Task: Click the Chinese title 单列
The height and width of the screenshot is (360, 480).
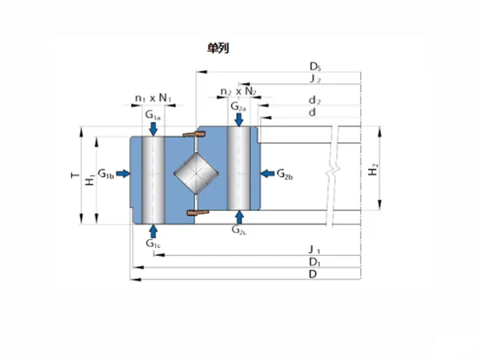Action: (x=218, y=48)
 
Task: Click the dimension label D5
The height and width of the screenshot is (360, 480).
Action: (x=315, y=66)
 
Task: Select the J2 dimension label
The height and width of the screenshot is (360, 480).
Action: (x=315, y=79)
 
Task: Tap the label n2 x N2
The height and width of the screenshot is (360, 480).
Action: (x=238, y=91)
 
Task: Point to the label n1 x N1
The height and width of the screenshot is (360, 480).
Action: (x=153, y=98)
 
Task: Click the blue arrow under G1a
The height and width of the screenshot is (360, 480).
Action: (x=154, y=129)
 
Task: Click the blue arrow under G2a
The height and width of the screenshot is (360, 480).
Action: (x=238, y=120)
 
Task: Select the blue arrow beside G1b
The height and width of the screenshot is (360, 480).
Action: (x=123, y=174)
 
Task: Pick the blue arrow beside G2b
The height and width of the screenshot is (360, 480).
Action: (x=267, y=174)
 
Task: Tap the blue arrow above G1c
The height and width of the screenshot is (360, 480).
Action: (x=154, y=231)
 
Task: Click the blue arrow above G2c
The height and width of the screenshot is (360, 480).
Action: (x=239, y=217)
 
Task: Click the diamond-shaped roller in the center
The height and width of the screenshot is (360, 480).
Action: (x=196, y=174)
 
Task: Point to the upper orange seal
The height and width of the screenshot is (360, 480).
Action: (x=194, y=134)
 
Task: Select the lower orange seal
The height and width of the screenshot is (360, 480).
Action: (x=198, y=213)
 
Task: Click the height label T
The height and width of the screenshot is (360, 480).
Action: (x=74, y=175)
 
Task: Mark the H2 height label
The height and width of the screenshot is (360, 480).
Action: (x=373, y=170)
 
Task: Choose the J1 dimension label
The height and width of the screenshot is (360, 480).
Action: (x=314, y=250)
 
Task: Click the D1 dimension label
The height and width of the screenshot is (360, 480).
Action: (x=314, y=262)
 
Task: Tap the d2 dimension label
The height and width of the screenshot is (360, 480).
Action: (x=314, y=101)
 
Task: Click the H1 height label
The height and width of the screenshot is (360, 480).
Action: (x=90, y=180)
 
